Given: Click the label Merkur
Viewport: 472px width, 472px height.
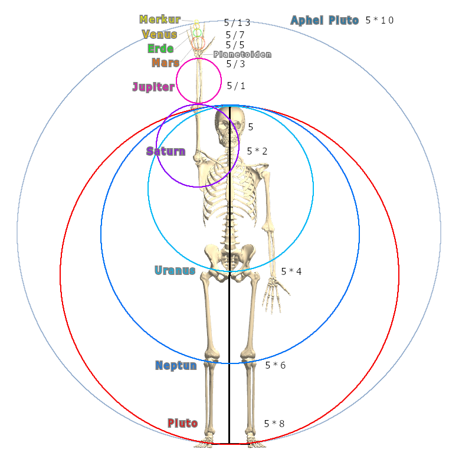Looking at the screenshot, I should (x=160, y=20).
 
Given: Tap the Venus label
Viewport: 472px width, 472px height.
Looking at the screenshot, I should (x=159, y=34).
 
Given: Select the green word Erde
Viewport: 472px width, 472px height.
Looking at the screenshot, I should (x=160, y=48).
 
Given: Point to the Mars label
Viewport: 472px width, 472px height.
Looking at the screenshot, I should (x=165, y=63).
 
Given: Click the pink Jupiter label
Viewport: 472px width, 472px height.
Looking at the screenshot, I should (x=153, y=87).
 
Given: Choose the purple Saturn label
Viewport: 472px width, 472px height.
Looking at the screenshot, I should (x=166, y=151).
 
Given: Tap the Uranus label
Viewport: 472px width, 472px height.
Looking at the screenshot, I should (x=175, y=271).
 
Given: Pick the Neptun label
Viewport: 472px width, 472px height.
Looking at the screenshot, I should (x=176, y=366).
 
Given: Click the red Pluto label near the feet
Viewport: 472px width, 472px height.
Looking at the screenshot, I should (x=182, y=423).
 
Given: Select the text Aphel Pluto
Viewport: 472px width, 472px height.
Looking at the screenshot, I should (x=324, y=21).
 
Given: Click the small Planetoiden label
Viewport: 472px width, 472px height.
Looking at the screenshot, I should (x=242, y=54).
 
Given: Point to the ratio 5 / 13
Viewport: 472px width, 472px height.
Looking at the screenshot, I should (x=237, y=23).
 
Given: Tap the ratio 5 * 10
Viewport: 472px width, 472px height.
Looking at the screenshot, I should (x=379, y=21).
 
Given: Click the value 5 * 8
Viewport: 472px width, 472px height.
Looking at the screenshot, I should (x=274, y=424).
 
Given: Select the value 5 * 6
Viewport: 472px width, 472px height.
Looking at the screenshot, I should (x=275, y=366).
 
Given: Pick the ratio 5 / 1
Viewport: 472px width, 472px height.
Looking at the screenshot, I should (x=236, y=86).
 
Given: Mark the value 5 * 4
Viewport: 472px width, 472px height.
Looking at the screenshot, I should (x=291, y=271).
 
